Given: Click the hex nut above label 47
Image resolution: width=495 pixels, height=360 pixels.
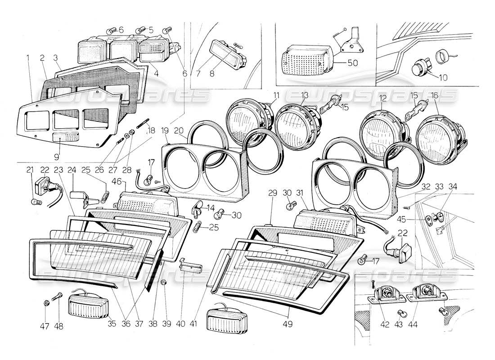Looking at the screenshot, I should click(x=47, y=303).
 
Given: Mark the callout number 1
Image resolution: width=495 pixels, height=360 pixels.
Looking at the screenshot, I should click(x=28, y=58).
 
